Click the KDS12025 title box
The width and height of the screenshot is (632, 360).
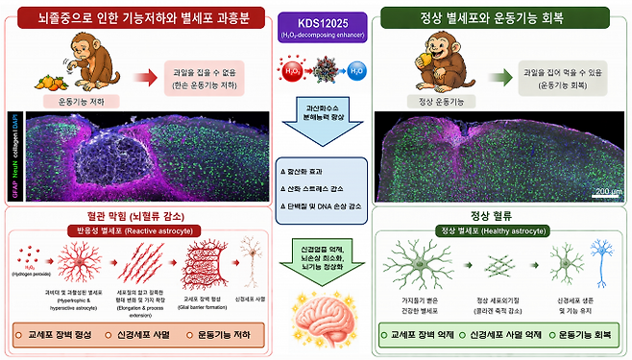click(315, 22)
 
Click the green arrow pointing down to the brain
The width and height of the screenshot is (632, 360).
click(316, 256)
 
